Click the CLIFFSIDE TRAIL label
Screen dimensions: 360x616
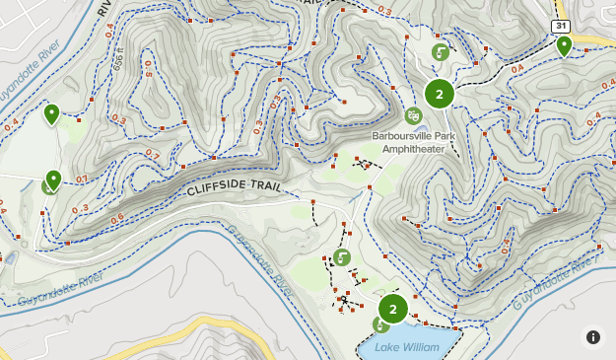click(x=233, y=187)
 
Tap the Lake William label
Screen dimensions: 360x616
click(x=407, y=346)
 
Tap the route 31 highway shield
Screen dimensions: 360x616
click(x=559, y=26)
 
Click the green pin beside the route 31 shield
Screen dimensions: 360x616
click(x=564, y=45)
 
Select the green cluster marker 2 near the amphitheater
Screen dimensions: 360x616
click(x=439, y=94)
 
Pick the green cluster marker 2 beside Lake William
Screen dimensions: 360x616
click(x=392, y=309)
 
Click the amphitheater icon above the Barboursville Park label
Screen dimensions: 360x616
click(x=413, y=116)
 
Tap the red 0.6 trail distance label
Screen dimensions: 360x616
click(x=117, y=218)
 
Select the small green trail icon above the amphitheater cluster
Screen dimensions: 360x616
click(x=441, y=52)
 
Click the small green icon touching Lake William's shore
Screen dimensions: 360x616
click(x=379, y=325)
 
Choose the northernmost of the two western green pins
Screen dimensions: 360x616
click(x=51, y=114)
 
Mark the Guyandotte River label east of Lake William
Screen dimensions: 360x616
click(x=555, y=283)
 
